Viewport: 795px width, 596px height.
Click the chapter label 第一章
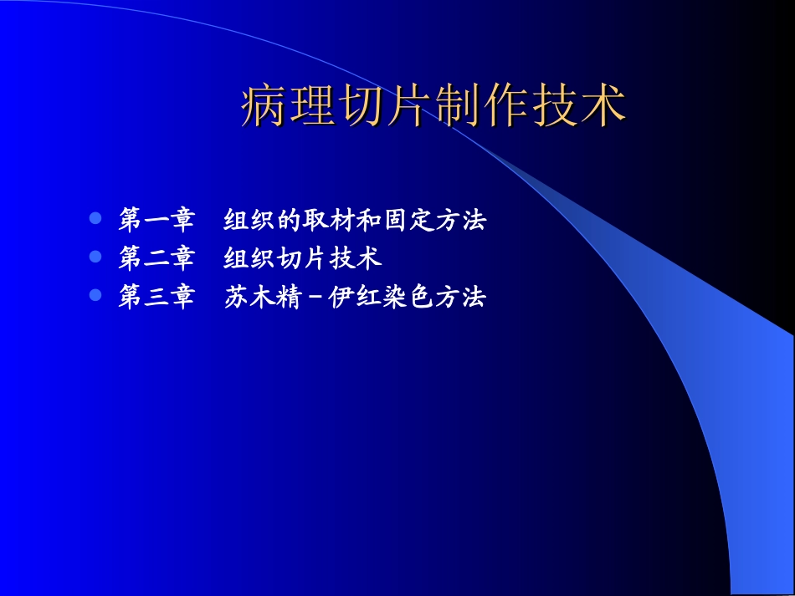click(156, 221)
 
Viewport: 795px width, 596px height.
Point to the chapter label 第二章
click(156, 258)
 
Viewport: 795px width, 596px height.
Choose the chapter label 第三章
click(156, 297)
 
